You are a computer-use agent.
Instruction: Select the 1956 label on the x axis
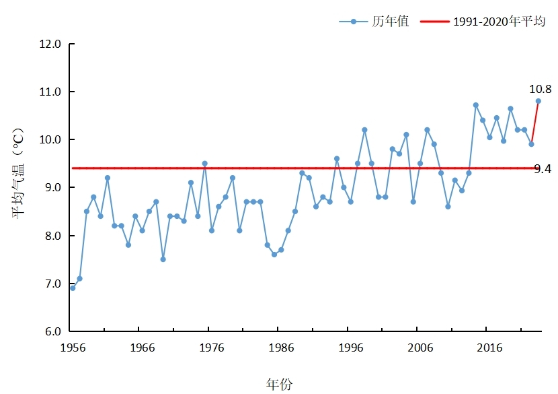[x=73, y=348]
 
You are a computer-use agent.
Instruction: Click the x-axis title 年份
[x=279, y=385]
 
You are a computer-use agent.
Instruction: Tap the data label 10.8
[x=540, y=89]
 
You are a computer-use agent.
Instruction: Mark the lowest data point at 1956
[x=73, y=288]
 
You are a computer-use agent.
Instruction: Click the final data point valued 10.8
[x=538, y=101]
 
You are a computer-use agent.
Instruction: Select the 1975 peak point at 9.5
[x=204, y=164]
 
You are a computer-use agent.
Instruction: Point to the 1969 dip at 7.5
[x=163, y=259]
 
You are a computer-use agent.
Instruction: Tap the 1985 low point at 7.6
[x=274, y=255]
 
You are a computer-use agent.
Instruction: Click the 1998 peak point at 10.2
[x=364, y=130]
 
